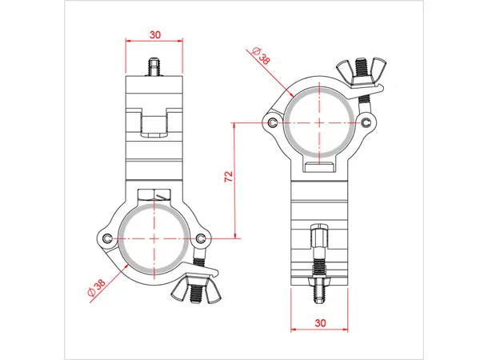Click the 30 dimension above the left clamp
155,34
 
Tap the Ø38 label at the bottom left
97,286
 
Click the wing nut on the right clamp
355,74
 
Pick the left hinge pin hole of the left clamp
108,238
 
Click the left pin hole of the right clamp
274,122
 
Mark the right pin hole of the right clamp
367,122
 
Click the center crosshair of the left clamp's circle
155,238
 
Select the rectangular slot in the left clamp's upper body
155,122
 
